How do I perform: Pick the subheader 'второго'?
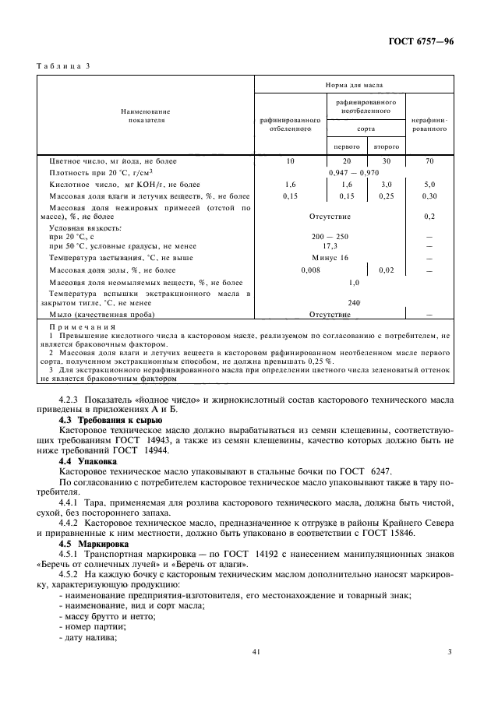[387, 146]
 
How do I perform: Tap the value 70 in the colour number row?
[429, 160]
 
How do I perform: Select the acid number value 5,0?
[429, 185]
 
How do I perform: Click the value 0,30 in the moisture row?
[429, 196]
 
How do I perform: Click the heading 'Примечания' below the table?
[83, 327]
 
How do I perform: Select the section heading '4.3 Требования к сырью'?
[111, 420]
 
